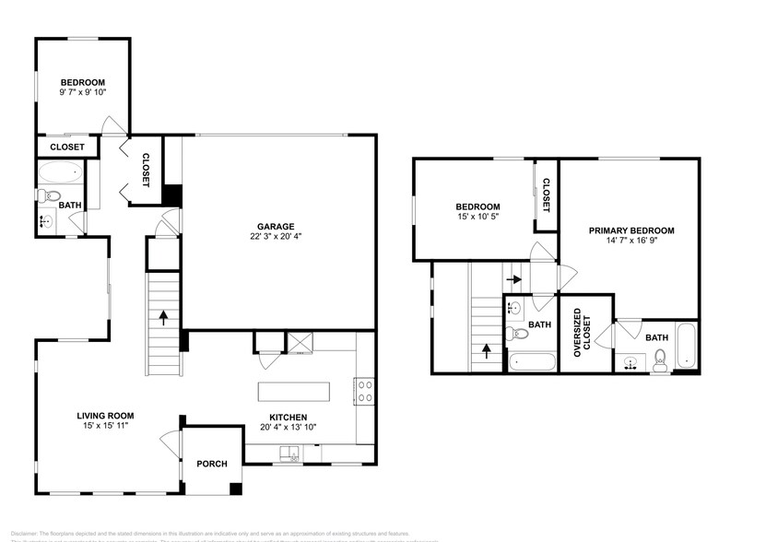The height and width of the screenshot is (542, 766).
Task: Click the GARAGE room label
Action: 276,226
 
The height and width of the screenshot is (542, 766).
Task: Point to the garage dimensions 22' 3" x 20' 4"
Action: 276,237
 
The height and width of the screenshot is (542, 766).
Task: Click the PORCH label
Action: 212,464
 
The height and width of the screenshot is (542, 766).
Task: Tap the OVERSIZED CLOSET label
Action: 579,336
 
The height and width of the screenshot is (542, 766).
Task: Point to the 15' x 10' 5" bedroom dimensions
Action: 478,218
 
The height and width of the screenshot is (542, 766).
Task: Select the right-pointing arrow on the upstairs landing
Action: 513,277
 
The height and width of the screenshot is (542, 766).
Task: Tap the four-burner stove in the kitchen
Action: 364,391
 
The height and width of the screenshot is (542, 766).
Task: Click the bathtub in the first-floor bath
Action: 62,172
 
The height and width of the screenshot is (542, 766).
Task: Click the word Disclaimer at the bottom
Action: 19,534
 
